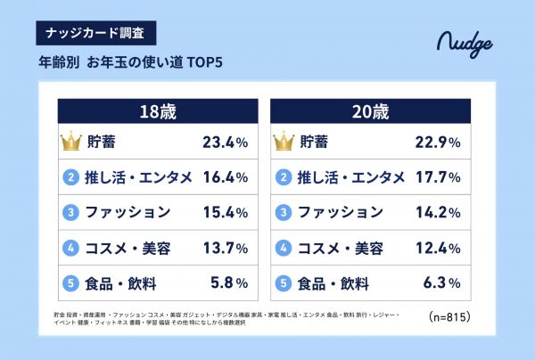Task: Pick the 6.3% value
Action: point(441,282)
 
